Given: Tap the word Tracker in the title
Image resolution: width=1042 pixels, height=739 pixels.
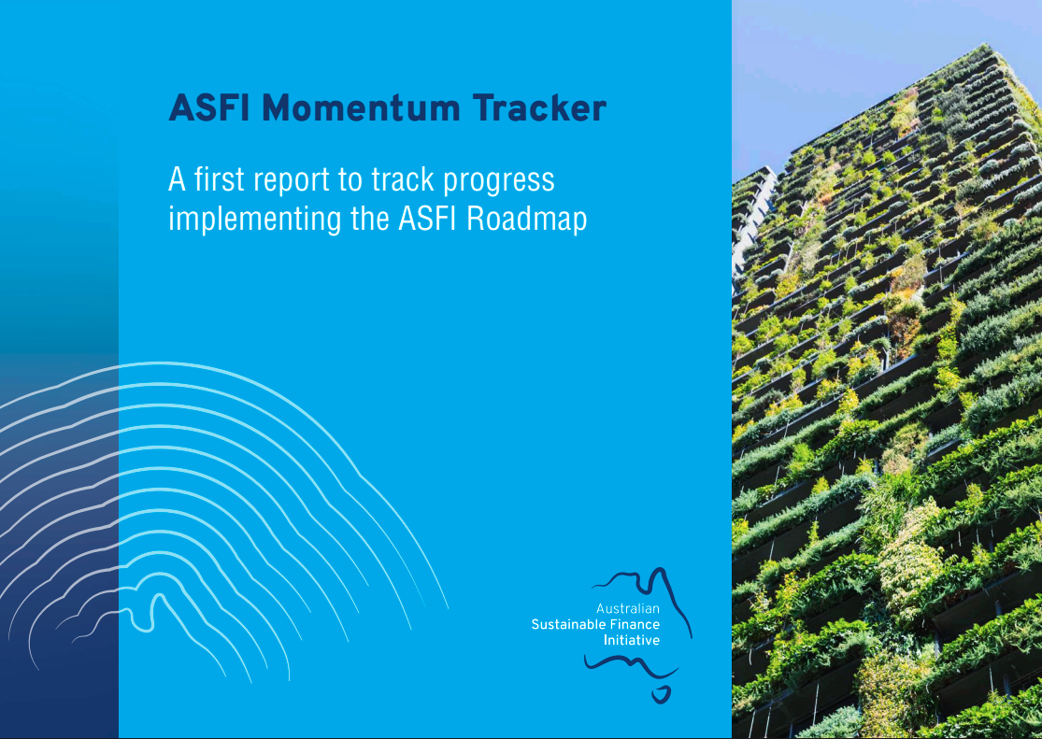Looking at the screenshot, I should point(539,109).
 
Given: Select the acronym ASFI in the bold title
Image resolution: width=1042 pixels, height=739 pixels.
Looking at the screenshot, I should point(207,109).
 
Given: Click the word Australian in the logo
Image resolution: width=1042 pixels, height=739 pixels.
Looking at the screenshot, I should point(628,609).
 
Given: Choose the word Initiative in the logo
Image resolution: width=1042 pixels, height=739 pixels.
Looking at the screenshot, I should point(632,640).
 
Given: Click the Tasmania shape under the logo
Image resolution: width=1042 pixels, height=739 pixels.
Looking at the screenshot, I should point(663,695).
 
